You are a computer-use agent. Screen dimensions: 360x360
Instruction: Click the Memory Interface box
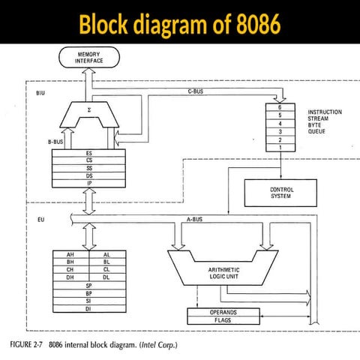[88, 58]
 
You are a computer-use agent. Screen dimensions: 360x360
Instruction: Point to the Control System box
[281, 193]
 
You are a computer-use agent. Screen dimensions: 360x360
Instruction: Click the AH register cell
[70, 254]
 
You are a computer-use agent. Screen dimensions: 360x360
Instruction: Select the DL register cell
[106, 277]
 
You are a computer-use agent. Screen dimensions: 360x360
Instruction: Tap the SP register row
[88, 286]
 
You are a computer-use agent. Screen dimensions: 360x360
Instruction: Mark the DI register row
[88, 308]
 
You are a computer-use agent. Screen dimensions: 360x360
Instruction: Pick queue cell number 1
[280, 147]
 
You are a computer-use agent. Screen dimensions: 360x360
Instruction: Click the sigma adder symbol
[88, 109]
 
